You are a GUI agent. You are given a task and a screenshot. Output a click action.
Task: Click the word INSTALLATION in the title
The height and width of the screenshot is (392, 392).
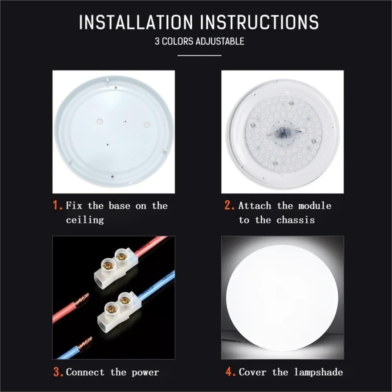tap(136, 22)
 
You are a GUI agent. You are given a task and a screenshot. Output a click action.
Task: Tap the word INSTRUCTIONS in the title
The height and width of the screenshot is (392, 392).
tap(259, 22)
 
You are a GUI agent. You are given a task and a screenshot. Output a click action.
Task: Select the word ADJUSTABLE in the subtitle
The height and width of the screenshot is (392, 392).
tap(220, 41)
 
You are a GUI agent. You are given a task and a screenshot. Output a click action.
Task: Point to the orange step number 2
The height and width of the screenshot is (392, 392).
tap(229, 205)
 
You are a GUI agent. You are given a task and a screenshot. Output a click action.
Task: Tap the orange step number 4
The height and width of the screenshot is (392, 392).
tap(230, 372)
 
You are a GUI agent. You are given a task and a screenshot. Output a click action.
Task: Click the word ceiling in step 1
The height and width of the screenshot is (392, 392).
tap(85, 220)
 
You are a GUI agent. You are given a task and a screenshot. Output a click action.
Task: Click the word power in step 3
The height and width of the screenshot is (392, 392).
tap(145, 373)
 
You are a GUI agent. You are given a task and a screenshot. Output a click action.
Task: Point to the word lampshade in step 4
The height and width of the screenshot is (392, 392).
tap(318, 372)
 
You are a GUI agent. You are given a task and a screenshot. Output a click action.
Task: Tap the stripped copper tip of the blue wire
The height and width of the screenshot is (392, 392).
tap(85, 344)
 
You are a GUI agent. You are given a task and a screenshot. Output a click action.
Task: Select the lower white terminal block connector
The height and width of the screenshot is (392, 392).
tap(119, 313)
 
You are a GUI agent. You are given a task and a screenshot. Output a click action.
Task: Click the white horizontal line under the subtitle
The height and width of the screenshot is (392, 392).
tap(200, 56)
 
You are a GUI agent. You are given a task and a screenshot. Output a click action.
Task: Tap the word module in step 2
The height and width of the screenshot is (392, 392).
tap(315, 206)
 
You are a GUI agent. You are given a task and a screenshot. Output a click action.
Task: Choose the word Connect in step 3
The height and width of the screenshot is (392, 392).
tap(85, 372)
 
